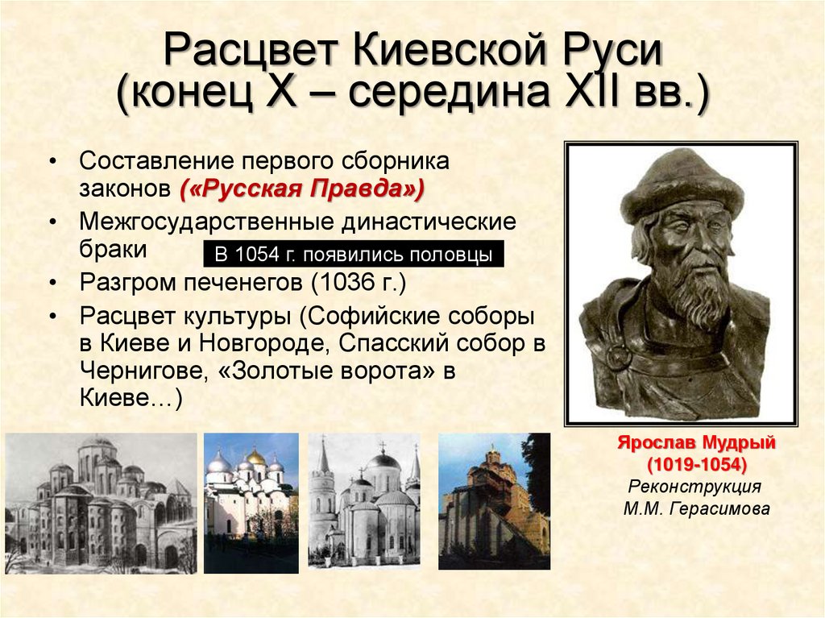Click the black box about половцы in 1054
pyautogui.click(x=354, y=255)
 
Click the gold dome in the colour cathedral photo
pyautogui.click(x=255, y=457)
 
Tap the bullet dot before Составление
pyautogui.click(x=52, y=161)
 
